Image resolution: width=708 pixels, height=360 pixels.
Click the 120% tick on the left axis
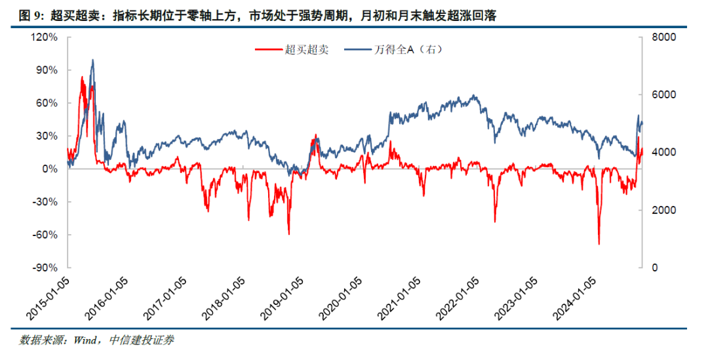47,37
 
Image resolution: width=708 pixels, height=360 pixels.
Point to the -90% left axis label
47,268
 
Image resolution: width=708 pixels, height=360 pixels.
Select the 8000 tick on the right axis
659,37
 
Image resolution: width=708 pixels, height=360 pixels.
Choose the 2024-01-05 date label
574,298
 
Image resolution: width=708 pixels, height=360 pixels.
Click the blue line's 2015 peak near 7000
92,60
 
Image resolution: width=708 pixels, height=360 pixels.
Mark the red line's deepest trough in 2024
599,244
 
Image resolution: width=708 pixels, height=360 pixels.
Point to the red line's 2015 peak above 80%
82,77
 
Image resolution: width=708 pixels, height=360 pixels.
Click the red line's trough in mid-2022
495,222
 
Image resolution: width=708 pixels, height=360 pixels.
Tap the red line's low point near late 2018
288,233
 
